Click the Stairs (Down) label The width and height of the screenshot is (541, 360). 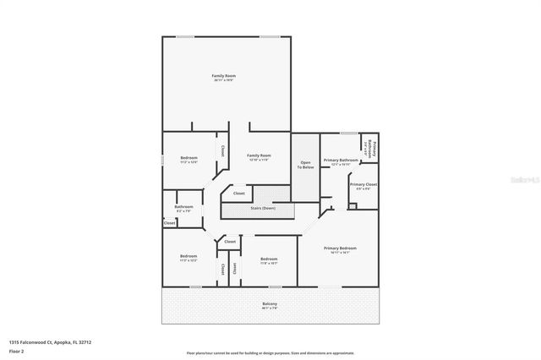(x=263, y=208)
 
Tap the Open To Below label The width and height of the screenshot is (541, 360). (x=305, y=165)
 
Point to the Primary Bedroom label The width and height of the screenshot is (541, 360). (x=340, y=248)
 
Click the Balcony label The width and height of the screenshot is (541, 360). (x=270, y=304)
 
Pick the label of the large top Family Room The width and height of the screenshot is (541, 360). (x=222, y=77)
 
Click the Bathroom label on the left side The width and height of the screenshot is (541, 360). (x=183, y=207)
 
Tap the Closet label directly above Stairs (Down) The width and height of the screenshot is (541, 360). (x=239, y=194)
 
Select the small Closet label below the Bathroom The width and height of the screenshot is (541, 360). (x=170, y=223)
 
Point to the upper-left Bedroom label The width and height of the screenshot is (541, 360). (x=189, y=158)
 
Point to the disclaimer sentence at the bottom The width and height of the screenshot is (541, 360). (x=270, y=353)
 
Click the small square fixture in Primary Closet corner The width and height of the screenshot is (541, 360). (x=352, y=205)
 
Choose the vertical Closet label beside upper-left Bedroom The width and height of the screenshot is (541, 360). (x=222, y=150)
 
